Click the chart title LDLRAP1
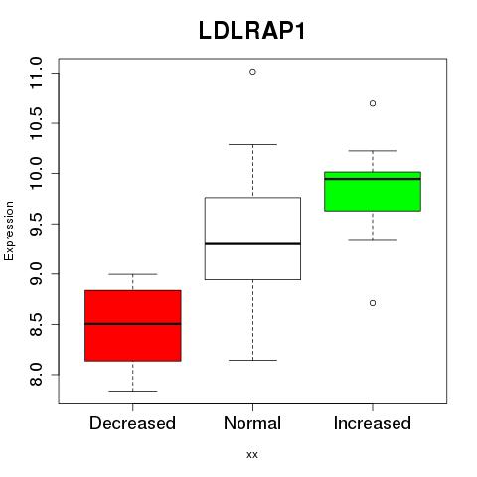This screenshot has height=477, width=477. tap(251, 31)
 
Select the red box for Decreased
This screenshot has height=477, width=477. tap(133, 326)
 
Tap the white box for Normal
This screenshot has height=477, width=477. tap(252, 238)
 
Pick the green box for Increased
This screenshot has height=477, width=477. tap(373, 192)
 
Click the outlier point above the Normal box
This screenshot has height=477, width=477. tap(252, 72)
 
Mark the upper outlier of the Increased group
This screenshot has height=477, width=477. tap(373, 103)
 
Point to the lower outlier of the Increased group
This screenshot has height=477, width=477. tap(373, 303)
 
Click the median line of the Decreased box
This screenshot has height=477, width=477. tap(133, 324)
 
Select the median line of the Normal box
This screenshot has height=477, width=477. tap(252, 243)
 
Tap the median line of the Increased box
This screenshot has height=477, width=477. tap(373, 179)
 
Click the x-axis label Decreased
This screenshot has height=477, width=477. tap(132, 423)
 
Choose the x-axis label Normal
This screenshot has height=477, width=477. tap(252, 423)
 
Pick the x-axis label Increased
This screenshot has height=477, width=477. tap(373, 423)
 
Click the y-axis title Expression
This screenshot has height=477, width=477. tap(9, 231)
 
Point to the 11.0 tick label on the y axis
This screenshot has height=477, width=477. tap(36, 73)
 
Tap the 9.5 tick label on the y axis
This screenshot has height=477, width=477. tap(36, 224)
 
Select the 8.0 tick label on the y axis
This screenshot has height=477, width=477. tap(36, 375)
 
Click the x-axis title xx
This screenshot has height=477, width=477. tap(252, 454)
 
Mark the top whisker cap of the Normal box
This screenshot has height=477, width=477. tap(252, 144)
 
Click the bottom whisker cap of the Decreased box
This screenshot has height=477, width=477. tap(133, 391)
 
